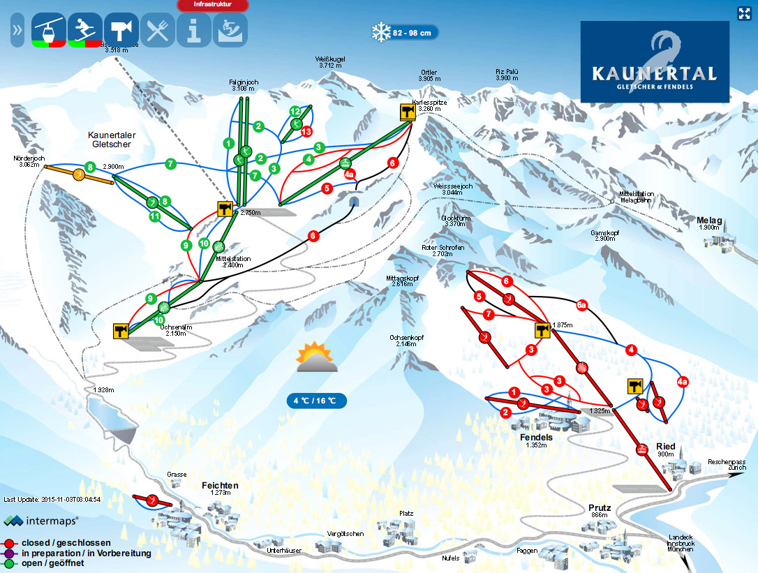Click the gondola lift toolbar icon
(49, 31)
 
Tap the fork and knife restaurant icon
(158, 31)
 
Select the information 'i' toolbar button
(194, 31)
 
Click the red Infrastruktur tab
(214, 5)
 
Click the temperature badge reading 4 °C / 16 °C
(316, 401)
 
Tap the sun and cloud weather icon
(316, 357)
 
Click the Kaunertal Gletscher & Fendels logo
(654, 61)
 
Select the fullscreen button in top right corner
(744, 13)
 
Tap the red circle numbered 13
(306, 131)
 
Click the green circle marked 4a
(349, 174)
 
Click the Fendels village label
(536, 438)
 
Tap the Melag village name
(708, 221)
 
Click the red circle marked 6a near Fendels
(581, 304)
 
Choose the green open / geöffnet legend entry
(52, 563)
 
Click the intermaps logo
(41, 520)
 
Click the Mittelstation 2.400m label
(233, 262)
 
